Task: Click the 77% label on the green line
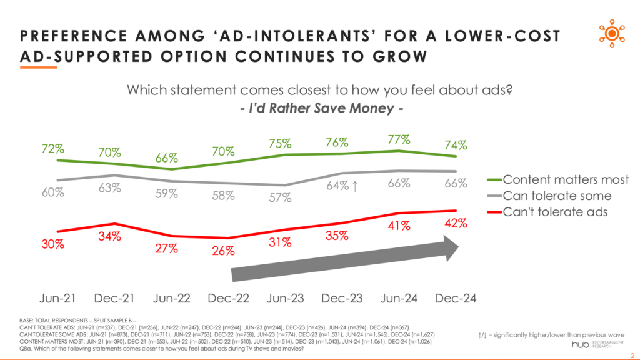coord(399,139)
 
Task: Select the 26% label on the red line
coord(223,251)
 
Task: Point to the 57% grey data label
coord(281,198)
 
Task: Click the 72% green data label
coord(53,149)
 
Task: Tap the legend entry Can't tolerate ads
coord(555,212)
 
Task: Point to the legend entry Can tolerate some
coord(557,196)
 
